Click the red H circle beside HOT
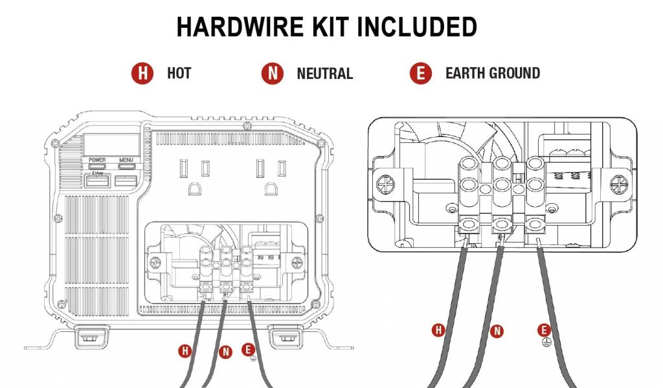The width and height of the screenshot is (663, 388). click(142, 73)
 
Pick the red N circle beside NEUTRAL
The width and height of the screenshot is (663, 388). click(273, 73)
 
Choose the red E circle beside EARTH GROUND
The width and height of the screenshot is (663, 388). click(421, 73)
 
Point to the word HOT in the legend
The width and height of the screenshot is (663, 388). click(179, 73)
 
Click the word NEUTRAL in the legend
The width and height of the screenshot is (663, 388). click(324, 73)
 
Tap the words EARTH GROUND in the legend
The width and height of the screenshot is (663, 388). click(492, 73)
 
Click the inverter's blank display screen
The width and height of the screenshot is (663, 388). click(111, 144)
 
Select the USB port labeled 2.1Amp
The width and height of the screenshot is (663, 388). click(98, 182)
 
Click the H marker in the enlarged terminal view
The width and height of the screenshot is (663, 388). click(439, 330)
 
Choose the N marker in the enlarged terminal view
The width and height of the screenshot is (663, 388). click(497, 331)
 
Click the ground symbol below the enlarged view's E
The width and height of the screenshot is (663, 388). click(546, 343)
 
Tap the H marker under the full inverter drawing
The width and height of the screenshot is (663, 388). click(186, 351)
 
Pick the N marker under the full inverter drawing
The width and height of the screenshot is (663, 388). click(225, 352)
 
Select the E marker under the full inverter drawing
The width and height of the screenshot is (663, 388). click(247, 349)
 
